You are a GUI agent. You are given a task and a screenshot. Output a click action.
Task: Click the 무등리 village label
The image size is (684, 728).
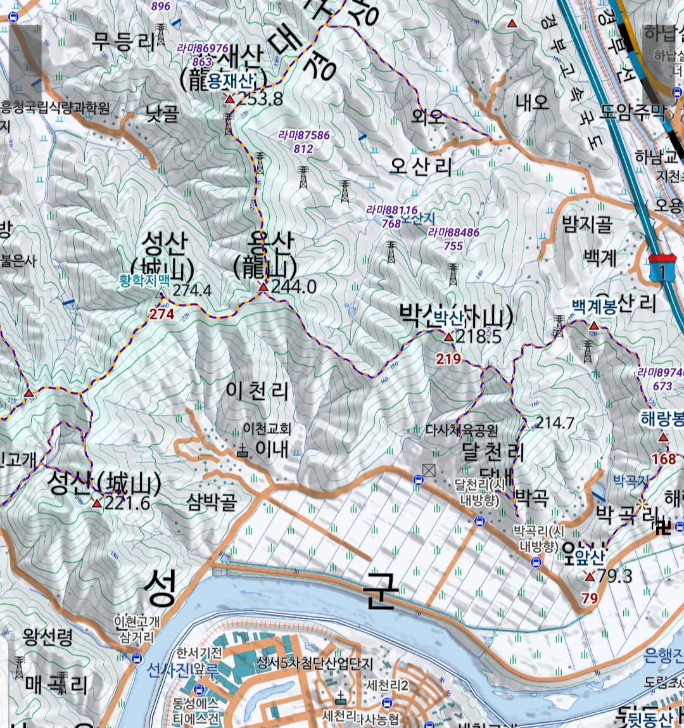point(123,42)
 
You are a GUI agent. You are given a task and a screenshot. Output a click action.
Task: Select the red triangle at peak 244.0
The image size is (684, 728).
point(263,287)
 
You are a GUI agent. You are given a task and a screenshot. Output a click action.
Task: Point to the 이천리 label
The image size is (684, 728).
point(257,391)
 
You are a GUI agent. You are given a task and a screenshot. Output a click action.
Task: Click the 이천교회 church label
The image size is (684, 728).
point(267,429)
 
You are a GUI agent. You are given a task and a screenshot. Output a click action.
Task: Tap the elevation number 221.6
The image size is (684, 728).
point(127,503)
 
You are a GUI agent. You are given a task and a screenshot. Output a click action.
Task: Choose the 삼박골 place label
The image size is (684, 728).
point(212,502)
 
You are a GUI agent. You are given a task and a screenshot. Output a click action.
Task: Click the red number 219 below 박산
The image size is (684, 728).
point(448,359)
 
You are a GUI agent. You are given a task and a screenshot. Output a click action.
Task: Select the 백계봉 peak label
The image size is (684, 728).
point(594,307)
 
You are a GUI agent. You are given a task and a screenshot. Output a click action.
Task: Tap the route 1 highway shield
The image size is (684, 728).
point(662,271)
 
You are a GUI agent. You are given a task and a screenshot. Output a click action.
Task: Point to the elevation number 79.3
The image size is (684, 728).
point(614,576)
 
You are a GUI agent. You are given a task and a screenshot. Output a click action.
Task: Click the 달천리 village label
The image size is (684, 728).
point(493,452)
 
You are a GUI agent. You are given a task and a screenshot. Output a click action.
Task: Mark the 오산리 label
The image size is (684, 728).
point(421,167)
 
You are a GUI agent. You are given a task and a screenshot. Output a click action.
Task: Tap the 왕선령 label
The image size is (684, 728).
point(47,636)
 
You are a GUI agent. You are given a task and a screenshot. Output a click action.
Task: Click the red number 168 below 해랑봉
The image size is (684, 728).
point(664,459)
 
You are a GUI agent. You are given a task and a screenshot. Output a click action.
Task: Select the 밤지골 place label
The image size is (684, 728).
point(587,224)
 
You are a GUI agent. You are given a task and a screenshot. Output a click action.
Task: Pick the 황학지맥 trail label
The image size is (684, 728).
point(144,280)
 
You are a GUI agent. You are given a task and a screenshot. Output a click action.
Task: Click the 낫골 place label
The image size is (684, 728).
point(163,113)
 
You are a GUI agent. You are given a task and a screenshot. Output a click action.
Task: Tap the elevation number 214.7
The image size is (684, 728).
point(555,423)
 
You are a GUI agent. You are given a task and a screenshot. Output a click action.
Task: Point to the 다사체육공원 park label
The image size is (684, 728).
point(462,431)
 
